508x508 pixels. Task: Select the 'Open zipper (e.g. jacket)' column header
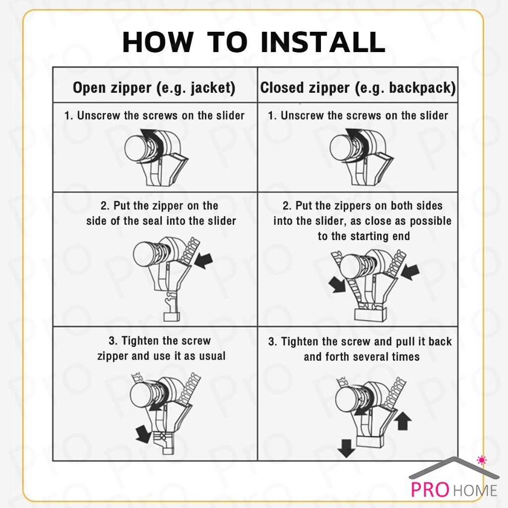tap(154, 88)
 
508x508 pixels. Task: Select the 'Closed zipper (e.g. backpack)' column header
tap(358, 88)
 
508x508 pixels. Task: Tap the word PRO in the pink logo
tap(429, 490)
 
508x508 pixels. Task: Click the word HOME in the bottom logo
tap(474, 491)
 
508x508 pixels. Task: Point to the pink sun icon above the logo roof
tap(480, 459)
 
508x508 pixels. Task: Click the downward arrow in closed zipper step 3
tap(345, 449)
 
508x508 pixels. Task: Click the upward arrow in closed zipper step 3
tap(404, 422)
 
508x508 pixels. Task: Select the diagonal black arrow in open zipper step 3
tap(143, 434)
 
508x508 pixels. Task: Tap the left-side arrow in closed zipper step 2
tap(338, 284)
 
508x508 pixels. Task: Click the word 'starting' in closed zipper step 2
tap(357, 236)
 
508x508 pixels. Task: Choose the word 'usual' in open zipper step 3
tap(212, 356)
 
